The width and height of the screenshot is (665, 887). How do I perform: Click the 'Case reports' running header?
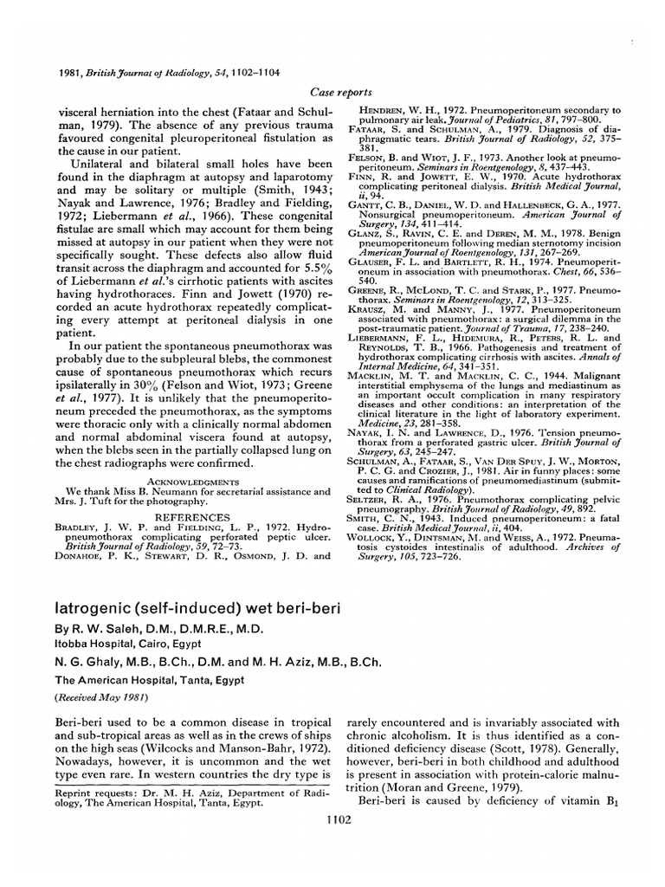340,91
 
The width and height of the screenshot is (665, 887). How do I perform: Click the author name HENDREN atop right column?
386,111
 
